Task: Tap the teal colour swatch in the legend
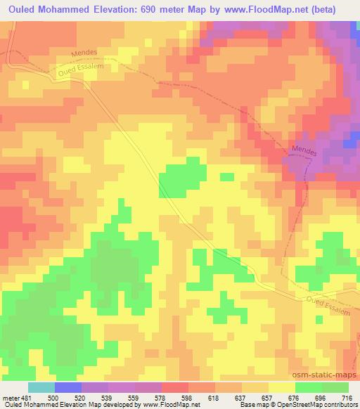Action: (41, 387)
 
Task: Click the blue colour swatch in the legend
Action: (68, 387)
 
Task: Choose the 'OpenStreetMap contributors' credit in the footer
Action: (321, 405)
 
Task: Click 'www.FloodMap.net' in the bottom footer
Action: (165, 405)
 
